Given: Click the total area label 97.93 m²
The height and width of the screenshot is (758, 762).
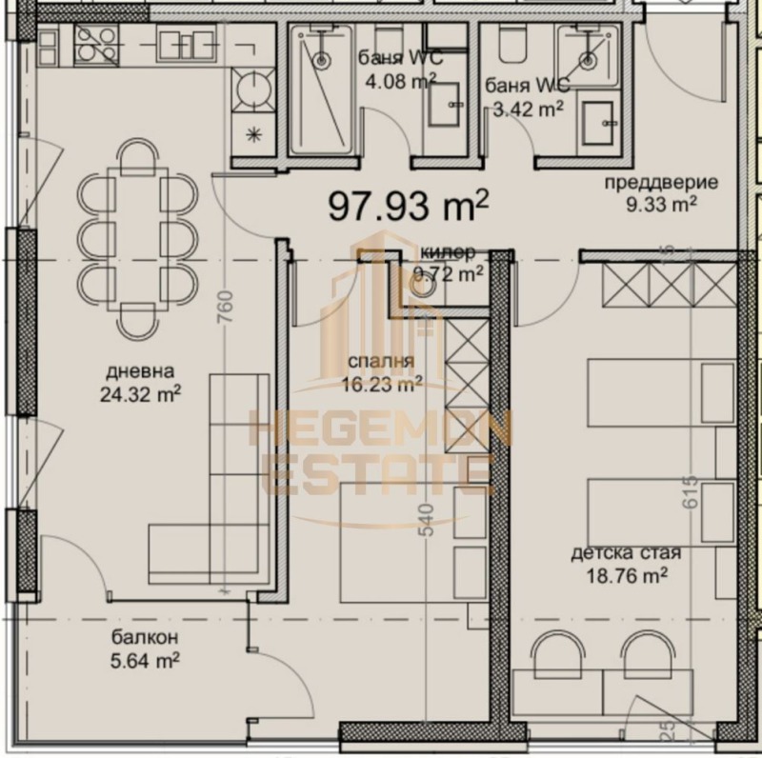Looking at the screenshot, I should click(410, 205).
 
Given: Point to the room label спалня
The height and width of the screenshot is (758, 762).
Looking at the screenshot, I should click(380, 363).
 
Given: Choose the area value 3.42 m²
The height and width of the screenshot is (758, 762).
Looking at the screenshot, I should click(524, 108).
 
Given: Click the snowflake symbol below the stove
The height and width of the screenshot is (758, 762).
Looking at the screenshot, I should click(254, 133).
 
